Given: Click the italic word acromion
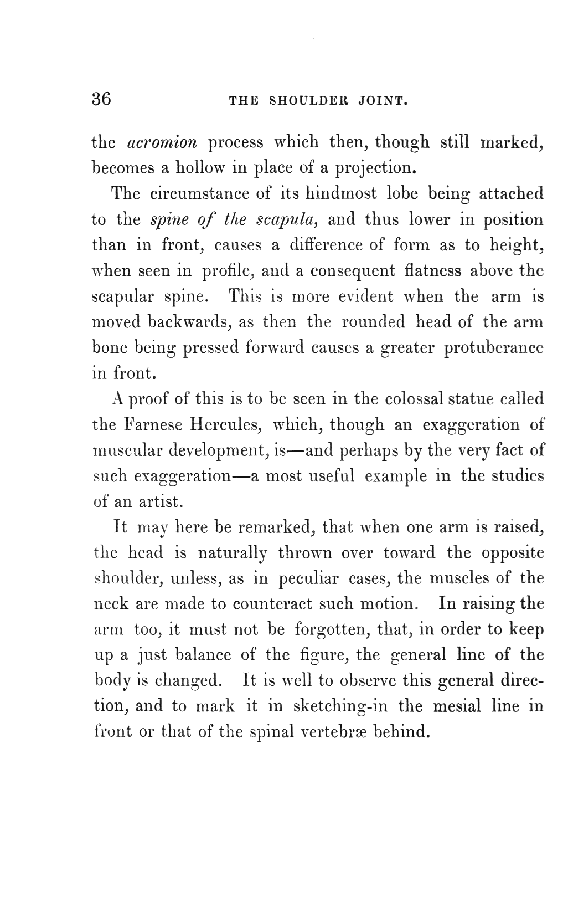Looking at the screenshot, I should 162,142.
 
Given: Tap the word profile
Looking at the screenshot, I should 228,271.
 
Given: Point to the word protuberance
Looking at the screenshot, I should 494,347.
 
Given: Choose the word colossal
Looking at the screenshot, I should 414,399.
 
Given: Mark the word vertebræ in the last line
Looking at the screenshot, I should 337,732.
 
